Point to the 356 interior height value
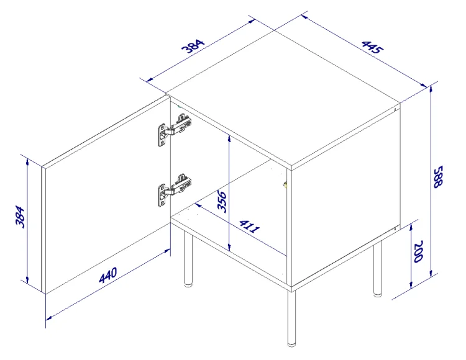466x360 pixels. (x=222, y=202)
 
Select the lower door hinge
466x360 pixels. (x=173, y=189)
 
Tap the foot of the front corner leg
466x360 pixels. (x=291, y=343)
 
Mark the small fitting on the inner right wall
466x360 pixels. (x=285, y=183)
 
